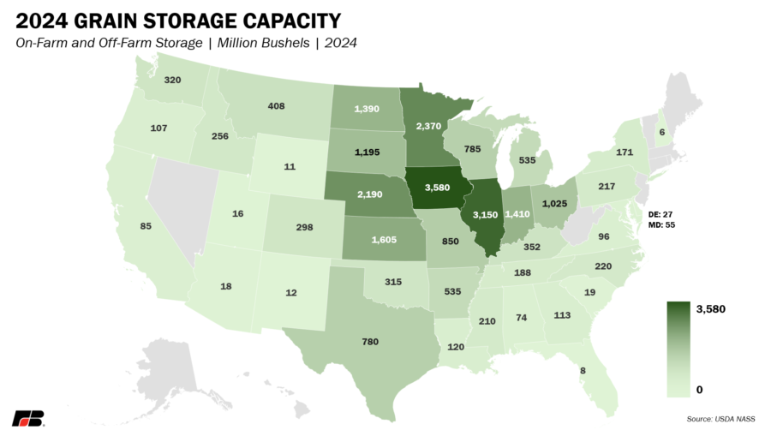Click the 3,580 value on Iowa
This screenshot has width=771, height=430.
tap(437, 188)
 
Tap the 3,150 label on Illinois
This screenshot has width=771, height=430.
tap(486, 215)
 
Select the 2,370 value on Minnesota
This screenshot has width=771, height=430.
tap(428, 126)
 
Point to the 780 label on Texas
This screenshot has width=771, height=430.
tap(370, 342)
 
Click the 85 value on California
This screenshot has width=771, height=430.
tap(146, 226)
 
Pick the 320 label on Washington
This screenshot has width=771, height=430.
tap(172, 80)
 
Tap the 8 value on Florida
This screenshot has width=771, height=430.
tap(583, 371)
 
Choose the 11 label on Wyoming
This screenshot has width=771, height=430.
tap(290, 166)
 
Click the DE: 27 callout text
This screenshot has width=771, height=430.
tap(660, 215)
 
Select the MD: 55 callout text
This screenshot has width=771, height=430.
tap(661, 224)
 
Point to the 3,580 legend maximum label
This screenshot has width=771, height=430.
tap(710, 309)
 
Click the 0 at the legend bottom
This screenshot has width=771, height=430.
tap(699, 390)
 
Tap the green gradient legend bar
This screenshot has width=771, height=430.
tap(678, 349)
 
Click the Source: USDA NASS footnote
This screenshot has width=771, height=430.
tap(720, 419)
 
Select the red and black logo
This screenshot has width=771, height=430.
tap(28, 418)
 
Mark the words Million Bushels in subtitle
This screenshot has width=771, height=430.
tap(264, 43)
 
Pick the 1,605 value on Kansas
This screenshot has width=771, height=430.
tap(384, 240)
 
